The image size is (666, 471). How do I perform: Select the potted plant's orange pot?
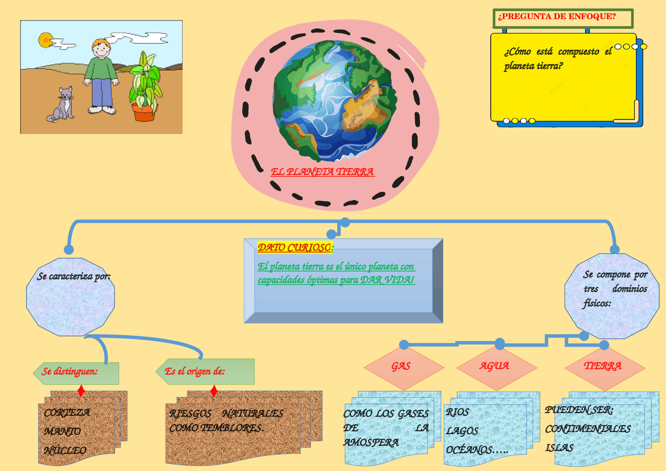coord(143,112)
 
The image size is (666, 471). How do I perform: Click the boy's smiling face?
coord(101,50)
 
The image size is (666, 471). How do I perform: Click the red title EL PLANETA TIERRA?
coord(322,172)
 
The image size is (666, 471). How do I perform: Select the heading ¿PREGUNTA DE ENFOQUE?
coord(557,17)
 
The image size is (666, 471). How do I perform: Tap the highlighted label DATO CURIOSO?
coord(294,248)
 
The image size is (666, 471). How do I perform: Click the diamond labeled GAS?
coord(401,366)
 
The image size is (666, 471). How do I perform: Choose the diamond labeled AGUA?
coord(494,366)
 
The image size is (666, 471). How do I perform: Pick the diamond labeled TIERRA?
coord(603,366)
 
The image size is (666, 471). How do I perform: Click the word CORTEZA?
coord(67,413)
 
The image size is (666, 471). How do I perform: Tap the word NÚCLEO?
coord(65,451)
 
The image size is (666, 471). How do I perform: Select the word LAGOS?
coord(462,431)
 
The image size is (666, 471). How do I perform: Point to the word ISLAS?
coord(559,448)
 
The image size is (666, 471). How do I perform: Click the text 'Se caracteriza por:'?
coord(73,276)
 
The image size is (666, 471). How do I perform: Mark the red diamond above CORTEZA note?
coord(81,390)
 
